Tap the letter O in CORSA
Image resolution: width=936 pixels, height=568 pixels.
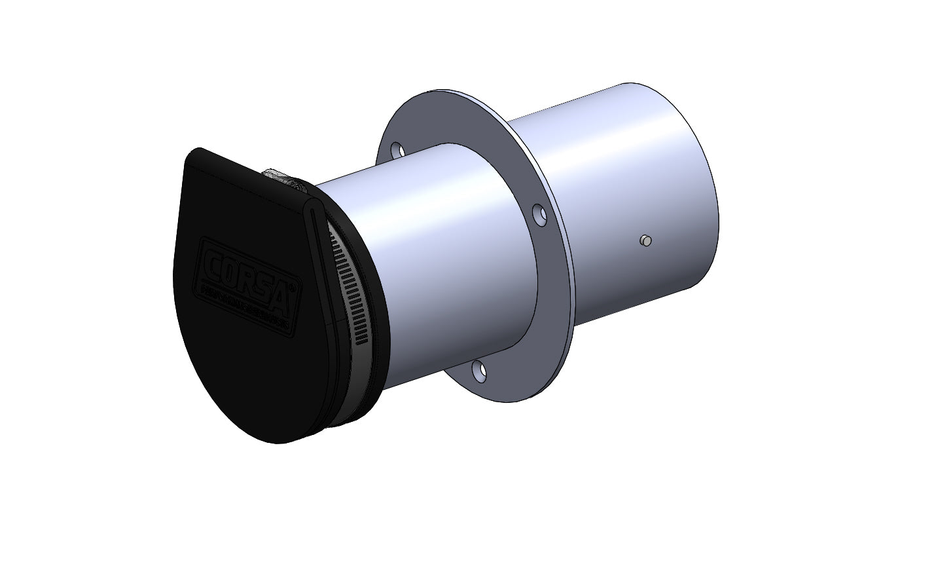click(229, 273)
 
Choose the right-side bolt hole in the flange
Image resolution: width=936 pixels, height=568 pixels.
click(539, 214)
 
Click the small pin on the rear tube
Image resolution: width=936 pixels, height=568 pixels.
click(645, 240)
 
